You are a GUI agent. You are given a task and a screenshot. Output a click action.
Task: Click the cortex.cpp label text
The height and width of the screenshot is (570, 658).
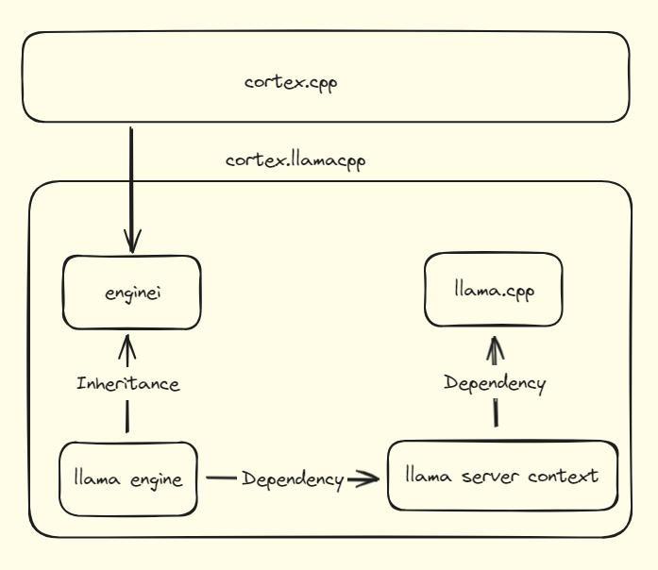click(x=291, y=82)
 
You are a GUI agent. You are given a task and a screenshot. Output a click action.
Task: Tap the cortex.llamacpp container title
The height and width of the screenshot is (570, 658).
click(x=295, y=159)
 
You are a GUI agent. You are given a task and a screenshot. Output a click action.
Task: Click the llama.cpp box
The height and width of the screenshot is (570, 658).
click(x=494, y=290)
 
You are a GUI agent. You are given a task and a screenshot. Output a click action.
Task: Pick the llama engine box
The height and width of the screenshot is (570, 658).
click(x=128, y=478)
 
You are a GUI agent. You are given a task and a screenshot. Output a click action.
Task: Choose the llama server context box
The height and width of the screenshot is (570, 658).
click(x=500, y=476)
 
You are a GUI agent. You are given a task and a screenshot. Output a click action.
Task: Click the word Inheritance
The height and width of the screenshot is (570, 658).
click(x=127, y=384)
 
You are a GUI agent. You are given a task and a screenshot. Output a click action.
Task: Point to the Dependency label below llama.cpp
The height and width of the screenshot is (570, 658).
click(x=496, y=383)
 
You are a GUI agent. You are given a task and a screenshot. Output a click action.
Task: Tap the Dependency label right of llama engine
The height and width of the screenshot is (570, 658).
click(x=292, y=479)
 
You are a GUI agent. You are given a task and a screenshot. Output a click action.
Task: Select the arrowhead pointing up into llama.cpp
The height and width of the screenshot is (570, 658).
click(x=495, y=347)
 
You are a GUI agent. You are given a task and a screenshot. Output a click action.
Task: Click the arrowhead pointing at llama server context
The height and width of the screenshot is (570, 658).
click(x=366, y=478)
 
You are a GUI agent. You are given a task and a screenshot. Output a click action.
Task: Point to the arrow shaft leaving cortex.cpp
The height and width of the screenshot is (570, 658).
click(x=130, y=179)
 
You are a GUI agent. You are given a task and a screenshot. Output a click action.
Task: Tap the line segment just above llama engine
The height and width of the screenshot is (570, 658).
click(x=127, y=415)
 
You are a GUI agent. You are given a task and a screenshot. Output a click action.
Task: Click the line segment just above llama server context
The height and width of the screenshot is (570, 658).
click(x=495, y=412)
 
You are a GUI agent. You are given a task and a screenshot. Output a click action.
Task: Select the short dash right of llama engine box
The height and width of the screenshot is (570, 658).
click(x=220, y=478)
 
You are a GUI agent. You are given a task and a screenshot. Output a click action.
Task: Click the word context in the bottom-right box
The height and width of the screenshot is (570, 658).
click(x=564, y=476)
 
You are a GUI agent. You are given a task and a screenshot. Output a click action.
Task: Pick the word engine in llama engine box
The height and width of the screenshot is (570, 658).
click(x=152, y=479)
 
